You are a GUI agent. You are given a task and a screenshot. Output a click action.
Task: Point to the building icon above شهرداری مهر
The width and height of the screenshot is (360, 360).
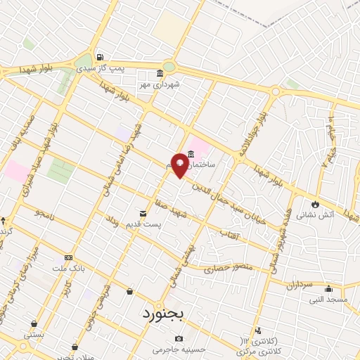pyautogui.click(x=160, y=74)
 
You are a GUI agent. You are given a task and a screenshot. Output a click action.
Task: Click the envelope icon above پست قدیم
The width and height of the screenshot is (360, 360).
pyautogui.click(x=143, y=213)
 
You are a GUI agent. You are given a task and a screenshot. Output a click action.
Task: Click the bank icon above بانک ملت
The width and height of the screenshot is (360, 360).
pyautogui.click(x=67, y=257)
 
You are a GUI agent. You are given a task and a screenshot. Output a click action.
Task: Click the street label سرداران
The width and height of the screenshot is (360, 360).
pyautogui.click(x=298, y=285)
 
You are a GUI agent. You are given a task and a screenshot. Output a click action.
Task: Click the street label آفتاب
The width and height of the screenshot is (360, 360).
pyautogui.click(x=231, y=233)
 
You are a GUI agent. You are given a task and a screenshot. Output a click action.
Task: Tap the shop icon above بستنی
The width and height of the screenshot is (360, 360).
pyautogui.click(x=33, y=324)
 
